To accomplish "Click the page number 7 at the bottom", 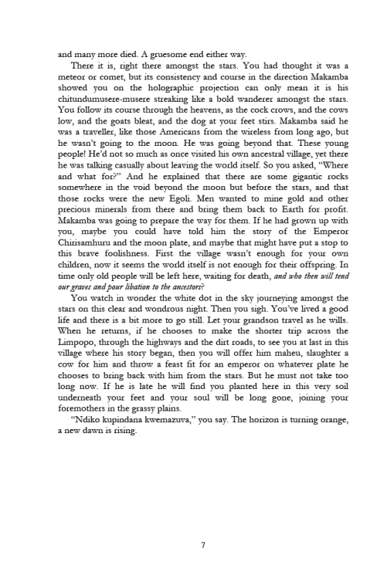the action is point(202,546).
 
